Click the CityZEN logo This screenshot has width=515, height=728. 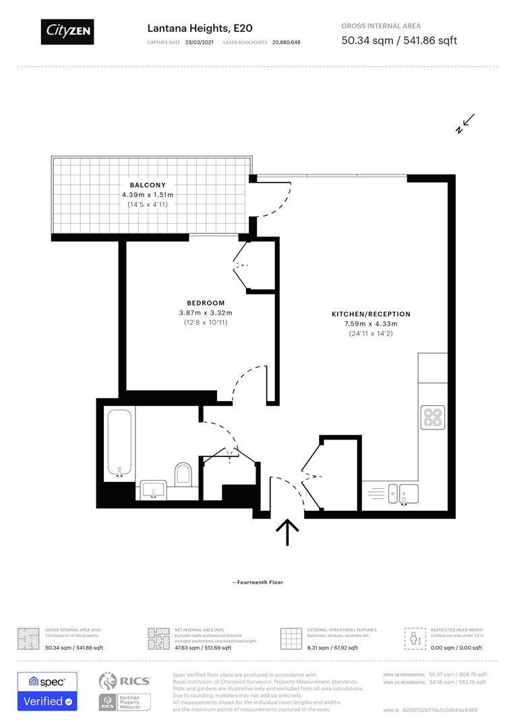tap(67, 31)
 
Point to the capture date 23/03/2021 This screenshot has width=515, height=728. tap(200, 42)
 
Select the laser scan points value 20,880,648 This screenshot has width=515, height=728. tap(286, 42)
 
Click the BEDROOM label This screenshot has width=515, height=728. tap(206, 303)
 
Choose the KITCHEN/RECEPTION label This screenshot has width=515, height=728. tap(371, 314)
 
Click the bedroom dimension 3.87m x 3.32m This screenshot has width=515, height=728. tap(206, 313)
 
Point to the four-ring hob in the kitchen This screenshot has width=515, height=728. tap(432, 417)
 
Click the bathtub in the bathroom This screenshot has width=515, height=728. tap(119, 443)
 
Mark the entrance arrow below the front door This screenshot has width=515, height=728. tap(288, 533)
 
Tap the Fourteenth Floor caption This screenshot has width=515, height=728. tap(257, 582)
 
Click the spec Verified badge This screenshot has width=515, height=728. tap(47, 691)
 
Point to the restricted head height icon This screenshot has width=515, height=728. tap(414, 638)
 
